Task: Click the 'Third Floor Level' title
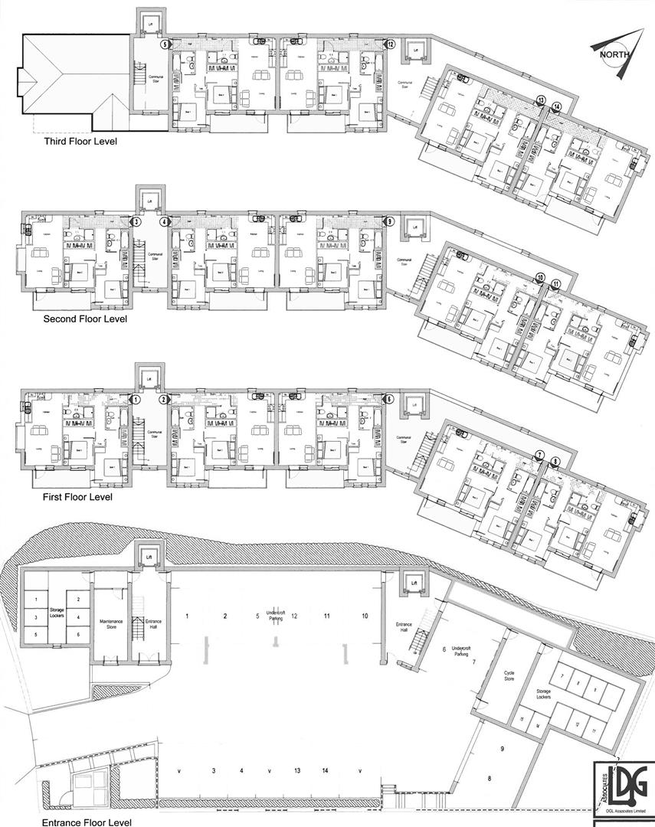[80, 141]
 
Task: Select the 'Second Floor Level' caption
[85, 319]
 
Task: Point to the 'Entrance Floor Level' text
[82, 822]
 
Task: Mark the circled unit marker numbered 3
[136, 222]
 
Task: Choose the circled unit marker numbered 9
[390, 222]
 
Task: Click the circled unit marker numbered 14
[556, 106]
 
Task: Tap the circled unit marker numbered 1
[136, 400]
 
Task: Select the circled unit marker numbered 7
[539, 455]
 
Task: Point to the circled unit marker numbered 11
[556, 284]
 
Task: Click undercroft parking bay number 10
[365, 616]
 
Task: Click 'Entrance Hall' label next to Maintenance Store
[139, 622]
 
